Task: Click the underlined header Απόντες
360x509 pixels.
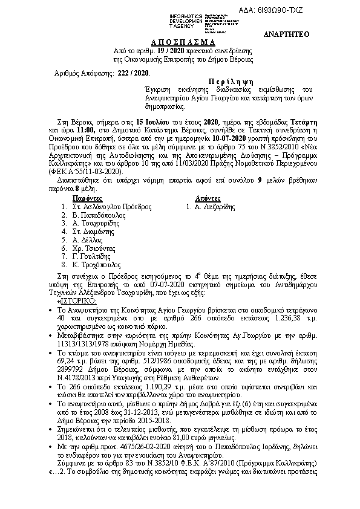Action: (x=210, y=198)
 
